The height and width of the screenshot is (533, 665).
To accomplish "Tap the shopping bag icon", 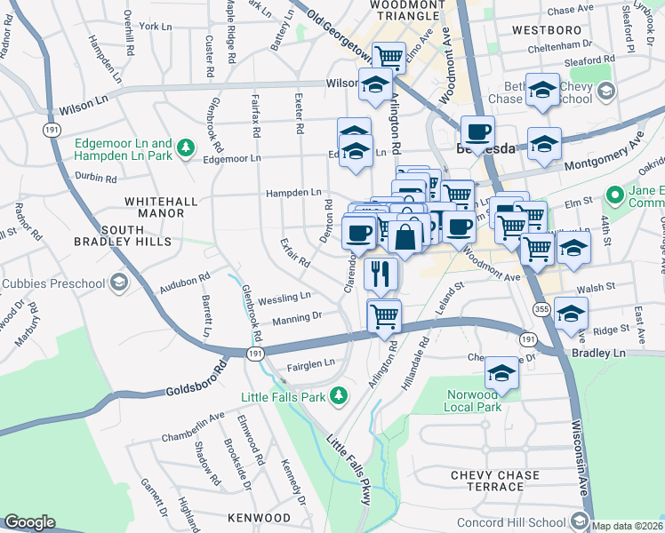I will (x=405, y=237).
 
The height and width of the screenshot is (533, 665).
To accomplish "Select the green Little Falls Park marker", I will (x=337, y=394).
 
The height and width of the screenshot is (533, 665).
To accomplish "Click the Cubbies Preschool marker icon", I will (x=119, y=283).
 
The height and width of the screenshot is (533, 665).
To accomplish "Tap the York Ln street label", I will (x=155, y=27).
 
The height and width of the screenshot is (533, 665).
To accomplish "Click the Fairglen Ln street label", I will (x=310, y=362).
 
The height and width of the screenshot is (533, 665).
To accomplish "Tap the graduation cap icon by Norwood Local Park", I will (x=502, y=373).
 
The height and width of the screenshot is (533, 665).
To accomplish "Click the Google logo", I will (x=29, y=522).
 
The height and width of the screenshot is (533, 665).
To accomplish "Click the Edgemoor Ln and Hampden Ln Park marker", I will (x=186, y=147).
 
